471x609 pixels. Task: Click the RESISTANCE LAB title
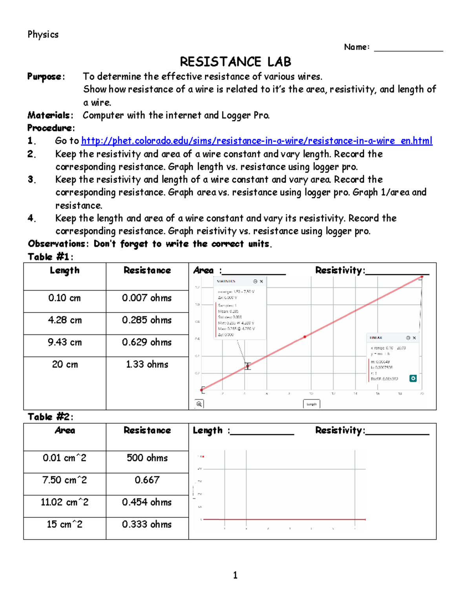pos(235,62)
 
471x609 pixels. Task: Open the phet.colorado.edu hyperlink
pos(257,141)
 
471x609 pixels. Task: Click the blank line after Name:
pos(408,48)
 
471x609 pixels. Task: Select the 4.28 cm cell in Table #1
pos(65,320)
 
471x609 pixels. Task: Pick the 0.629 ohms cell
pos(147,342)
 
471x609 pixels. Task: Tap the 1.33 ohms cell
pos(147,364)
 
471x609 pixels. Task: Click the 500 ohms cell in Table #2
pos(147,458)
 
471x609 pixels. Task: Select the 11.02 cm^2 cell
pos(65,502)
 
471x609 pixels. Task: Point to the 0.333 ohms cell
pos(147,524)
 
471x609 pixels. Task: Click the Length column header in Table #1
pos(65,271)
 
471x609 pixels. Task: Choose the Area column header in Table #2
pos(65,431)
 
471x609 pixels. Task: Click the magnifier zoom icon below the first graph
pos(199,404)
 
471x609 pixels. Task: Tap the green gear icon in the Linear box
pos(413,378)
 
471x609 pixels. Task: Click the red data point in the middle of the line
pos(305,337)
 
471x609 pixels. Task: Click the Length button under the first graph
pos(312,404)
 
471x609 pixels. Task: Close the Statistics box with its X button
pos(261,282)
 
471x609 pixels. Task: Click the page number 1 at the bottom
pos(235,575)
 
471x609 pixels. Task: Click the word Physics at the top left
pos(43,35)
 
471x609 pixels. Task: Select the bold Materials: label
pos(50,115)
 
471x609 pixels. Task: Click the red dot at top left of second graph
pos(203,456)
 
